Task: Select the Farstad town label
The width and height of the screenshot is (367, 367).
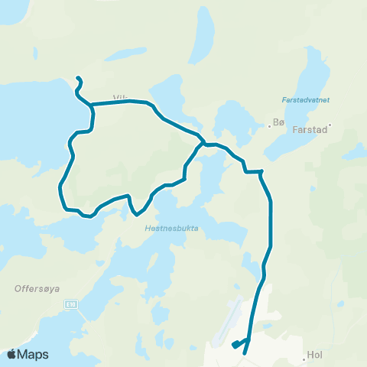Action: click(x=310, y=130)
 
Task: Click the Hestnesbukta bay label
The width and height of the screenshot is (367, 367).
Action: click(x=165, y=226)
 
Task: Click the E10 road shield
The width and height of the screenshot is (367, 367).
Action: click(x=70, y=304)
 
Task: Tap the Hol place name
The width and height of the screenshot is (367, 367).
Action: click(x=315, y=355)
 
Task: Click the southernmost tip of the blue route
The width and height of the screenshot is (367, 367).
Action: click(x=244, y=353)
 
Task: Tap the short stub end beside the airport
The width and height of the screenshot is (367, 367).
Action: click(x=234, y=346)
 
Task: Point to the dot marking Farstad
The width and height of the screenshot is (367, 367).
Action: click(x=330, y=125)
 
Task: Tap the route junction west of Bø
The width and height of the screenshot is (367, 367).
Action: click(x=203, y=143)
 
